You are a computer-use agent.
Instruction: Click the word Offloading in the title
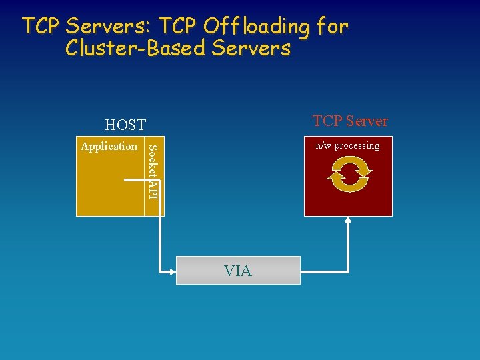pos(256,27)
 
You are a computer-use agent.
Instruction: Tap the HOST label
pos(125,125)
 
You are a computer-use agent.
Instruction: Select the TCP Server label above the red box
pos(350,121)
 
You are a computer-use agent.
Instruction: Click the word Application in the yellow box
pos(109,146)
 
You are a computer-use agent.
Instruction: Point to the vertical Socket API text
pos(152,171)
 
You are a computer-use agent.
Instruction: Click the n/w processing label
pos(347,145)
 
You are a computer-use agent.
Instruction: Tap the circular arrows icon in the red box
pos(349,175)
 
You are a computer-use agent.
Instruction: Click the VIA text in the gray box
pos(238,271)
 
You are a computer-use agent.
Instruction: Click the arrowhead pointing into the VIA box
pos(171,271)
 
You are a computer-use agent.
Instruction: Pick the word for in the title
pos(332,27)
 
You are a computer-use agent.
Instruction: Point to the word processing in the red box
pos(357,145)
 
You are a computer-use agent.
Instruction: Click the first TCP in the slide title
pos(43,27)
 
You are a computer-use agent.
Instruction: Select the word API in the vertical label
pos(152,189)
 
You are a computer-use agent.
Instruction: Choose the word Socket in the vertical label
pos(152,161)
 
